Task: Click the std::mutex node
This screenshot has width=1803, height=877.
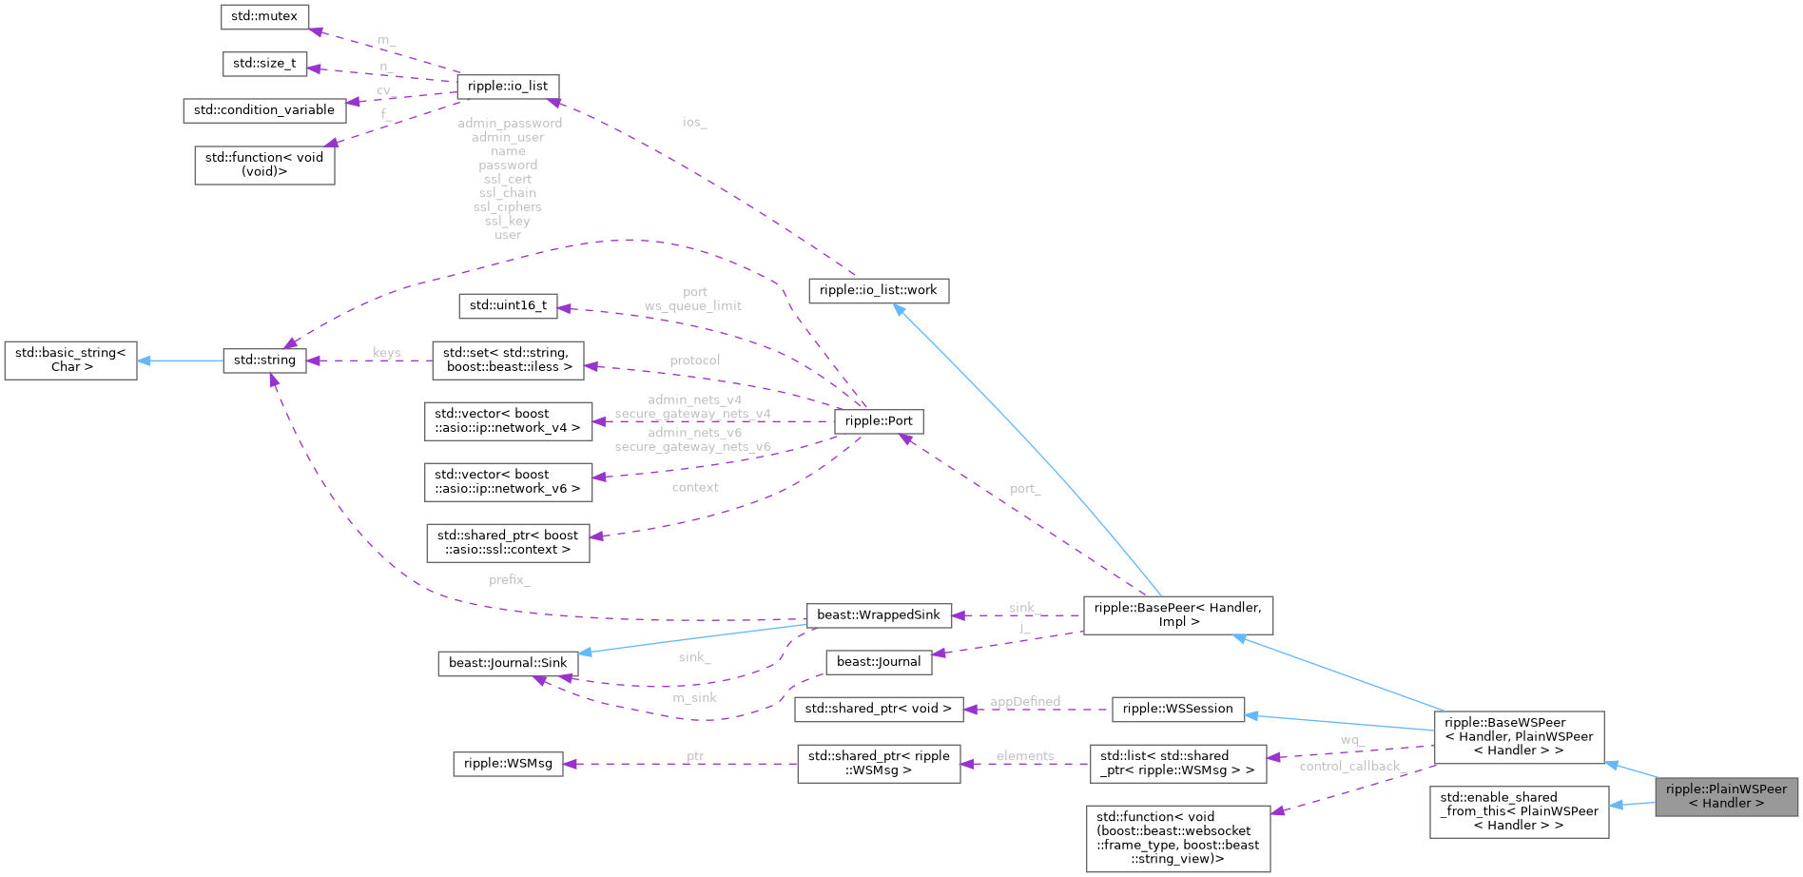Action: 264,16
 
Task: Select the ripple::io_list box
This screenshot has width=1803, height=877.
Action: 508,86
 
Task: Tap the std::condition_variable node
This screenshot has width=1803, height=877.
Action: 264,110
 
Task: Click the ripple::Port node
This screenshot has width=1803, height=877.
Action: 879,420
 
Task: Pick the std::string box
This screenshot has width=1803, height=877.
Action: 264,360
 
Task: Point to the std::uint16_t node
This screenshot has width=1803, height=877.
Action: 508,305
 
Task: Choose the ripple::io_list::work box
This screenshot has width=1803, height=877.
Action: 878,290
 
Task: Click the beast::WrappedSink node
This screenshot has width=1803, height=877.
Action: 879,614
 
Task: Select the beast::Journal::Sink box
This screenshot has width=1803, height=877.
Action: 508,663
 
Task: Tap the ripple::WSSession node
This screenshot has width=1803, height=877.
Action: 1177,709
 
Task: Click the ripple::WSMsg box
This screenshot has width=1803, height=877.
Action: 508,763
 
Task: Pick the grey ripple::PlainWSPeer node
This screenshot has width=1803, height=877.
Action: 1726,796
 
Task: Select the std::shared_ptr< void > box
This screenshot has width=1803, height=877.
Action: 878,709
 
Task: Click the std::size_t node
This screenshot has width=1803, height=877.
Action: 264,64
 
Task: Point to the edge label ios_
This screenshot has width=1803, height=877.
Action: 694,122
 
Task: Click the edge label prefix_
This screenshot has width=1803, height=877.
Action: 510,579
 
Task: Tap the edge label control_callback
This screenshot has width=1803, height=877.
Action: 1349,766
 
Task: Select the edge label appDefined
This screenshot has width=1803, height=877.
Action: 1025,701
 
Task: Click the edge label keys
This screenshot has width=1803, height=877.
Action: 387,353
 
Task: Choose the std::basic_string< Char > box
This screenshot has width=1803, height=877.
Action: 70,360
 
